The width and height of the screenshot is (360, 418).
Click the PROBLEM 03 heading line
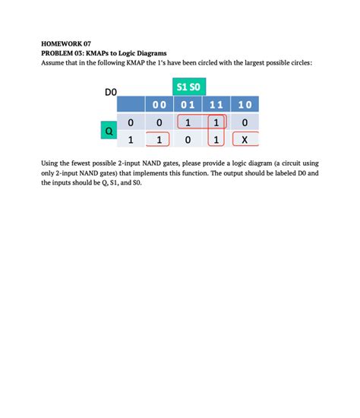pos(106,53)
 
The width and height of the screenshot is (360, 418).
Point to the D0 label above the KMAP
pos(111,92)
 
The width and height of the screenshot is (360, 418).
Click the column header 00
pos(159,105)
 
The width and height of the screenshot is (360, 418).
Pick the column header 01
pos(188,105)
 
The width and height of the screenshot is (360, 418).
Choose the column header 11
pos(216,105)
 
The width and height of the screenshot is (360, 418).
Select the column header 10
pos(245,105)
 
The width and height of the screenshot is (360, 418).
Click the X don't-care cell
pos(245,139)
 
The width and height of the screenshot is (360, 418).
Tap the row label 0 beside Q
pos(131,122)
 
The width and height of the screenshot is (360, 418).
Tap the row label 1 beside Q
pos(131,139)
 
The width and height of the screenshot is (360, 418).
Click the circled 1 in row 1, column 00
pos(159,139)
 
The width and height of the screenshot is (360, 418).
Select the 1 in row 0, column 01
pos(188,122)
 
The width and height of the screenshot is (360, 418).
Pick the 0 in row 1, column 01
pos(188,139)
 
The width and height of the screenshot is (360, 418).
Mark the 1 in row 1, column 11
pos(216,139)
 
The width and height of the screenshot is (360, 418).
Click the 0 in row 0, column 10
pos(245,122)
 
